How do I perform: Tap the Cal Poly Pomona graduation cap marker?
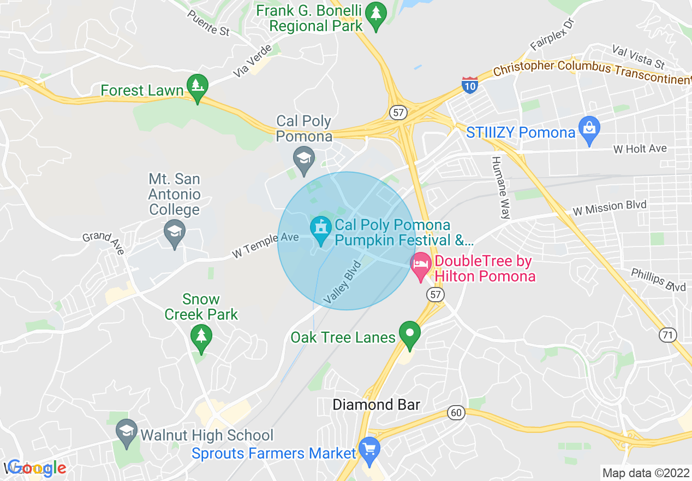(x=303, y=158)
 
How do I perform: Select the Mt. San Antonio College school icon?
(x=175, y=232)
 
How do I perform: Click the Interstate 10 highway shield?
(x=469, y=84)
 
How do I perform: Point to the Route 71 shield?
(x=667, y=335)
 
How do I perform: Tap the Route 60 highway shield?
(x=456, y=412)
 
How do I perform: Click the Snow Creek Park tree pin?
(x=201, y=336)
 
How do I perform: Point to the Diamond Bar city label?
(x=377, y=405)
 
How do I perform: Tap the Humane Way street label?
(x=500, y=187)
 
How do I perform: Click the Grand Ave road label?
(x=103, y=243)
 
